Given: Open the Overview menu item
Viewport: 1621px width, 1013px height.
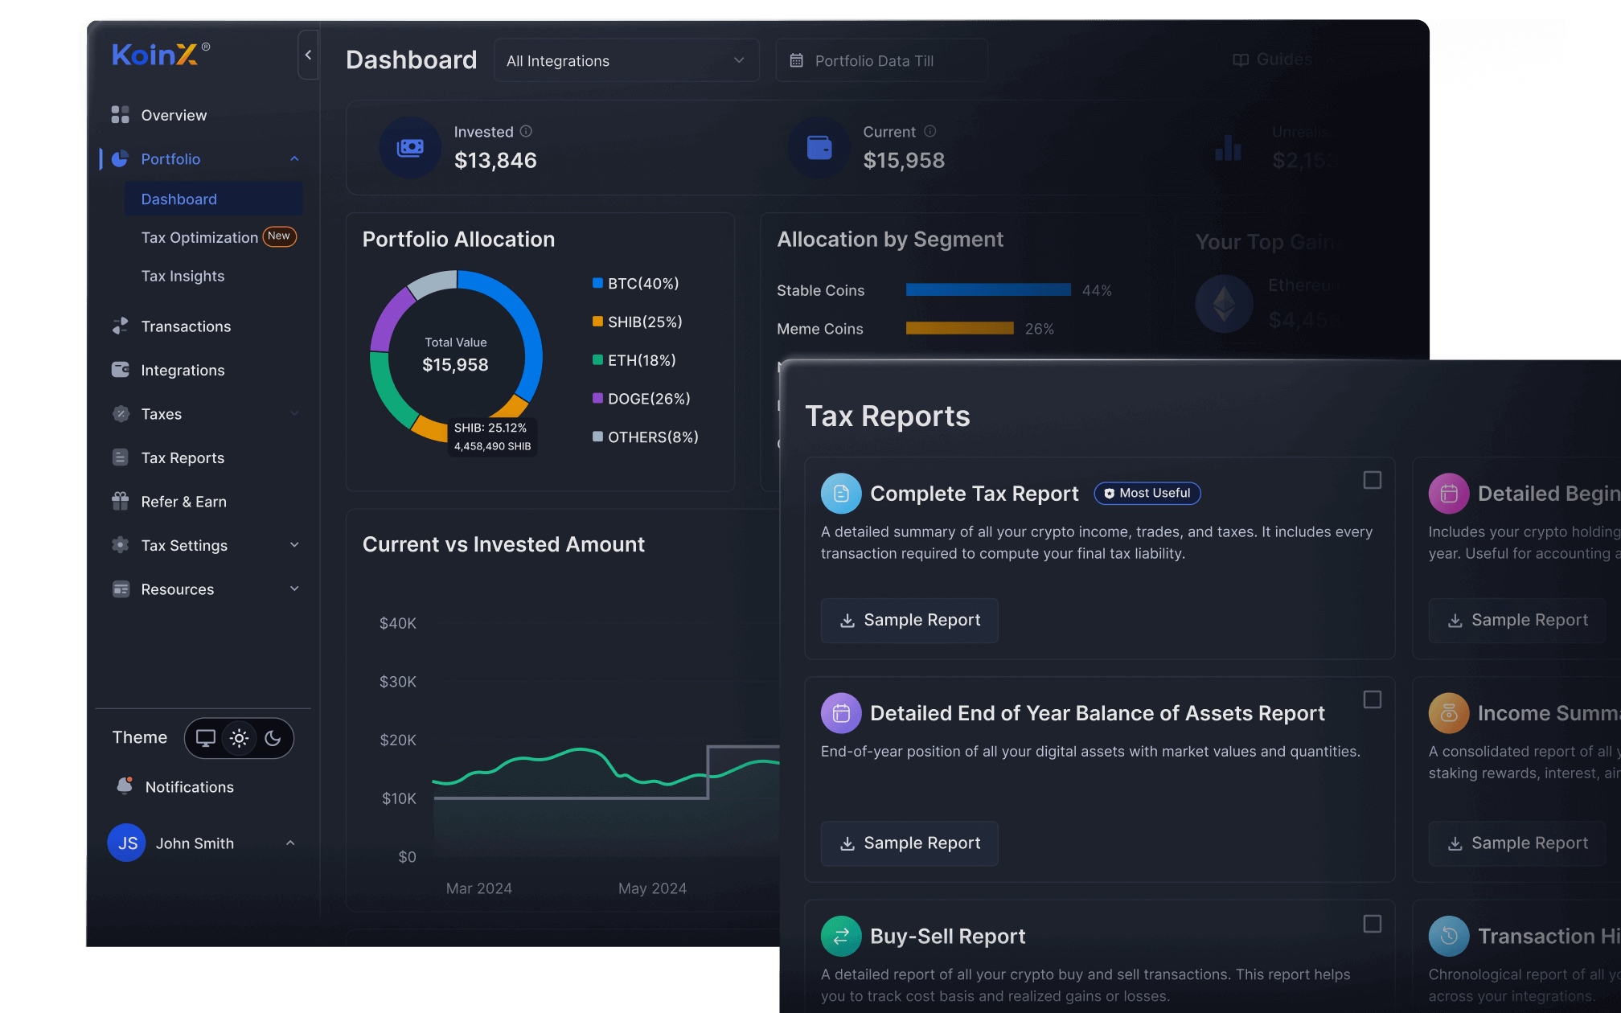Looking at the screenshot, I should pos(174,115).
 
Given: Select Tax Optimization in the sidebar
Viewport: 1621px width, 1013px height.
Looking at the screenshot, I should pos(199,237).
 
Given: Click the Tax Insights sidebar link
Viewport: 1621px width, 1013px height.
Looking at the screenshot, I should pos(183,276).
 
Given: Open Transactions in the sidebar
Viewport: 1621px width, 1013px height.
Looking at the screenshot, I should pos(186,326).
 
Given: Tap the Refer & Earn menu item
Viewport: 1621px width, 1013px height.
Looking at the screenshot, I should pos(183,502).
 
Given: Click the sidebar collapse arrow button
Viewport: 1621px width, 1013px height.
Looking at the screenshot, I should pos(308,55).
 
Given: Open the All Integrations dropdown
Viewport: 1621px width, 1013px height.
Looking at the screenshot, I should pos(626,61).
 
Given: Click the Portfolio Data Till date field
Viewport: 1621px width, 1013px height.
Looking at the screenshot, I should pos(880,61).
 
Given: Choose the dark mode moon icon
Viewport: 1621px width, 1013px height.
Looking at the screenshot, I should pos(273,738).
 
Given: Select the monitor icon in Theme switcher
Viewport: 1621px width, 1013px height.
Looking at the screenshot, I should pos(206,738).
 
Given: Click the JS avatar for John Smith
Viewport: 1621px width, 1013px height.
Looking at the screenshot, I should pos(127,843).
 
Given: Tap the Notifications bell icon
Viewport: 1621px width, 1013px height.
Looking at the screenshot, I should pos(125,786).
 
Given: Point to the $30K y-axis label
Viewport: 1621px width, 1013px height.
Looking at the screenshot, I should pos(398,682).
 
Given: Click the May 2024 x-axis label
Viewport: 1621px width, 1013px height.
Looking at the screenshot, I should pos(652,888).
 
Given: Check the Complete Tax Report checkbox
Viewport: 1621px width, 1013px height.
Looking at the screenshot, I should pos(1373,480).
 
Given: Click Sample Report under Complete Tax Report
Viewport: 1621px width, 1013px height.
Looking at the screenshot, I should pos(909,621).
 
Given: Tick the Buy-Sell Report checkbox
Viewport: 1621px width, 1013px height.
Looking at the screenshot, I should pos(1373,924).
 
